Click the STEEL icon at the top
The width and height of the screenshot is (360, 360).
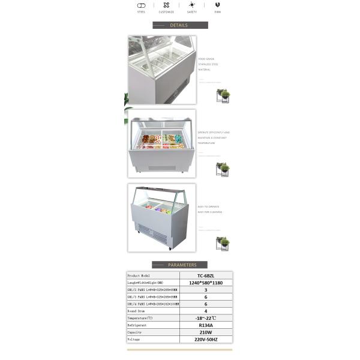(x=142, y=5)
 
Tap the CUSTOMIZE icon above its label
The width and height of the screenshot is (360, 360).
(x=166, y=5)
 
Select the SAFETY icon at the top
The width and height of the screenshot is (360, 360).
(x=191, y=5)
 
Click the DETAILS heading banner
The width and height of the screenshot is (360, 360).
(x=180, y=25)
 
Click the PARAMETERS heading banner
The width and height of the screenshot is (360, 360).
(x=179, y=265)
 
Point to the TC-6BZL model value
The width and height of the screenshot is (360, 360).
(x=206, y=275)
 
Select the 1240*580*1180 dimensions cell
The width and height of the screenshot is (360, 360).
(x=206, y=283)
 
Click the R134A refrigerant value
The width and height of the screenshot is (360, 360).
(x=206, y=325)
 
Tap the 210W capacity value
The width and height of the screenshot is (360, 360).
(x=206, y=332)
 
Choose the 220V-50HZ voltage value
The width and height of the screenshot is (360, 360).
(x=206, y=339)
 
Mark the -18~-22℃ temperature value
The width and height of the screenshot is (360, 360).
(x=206, y=318)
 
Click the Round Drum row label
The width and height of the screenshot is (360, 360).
(x=137, y=311)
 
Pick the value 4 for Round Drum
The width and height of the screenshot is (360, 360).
(x=206, y=311)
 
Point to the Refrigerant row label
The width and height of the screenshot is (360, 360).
(x=137, y=325)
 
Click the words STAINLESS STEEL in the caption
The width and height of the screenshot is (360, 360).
(x=208, y=64)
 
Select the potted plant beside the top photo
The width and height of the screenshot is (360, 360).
(x=223, y=95)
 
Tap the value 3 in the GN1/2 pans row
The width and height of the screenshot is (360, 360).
(x=206, y=290)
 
